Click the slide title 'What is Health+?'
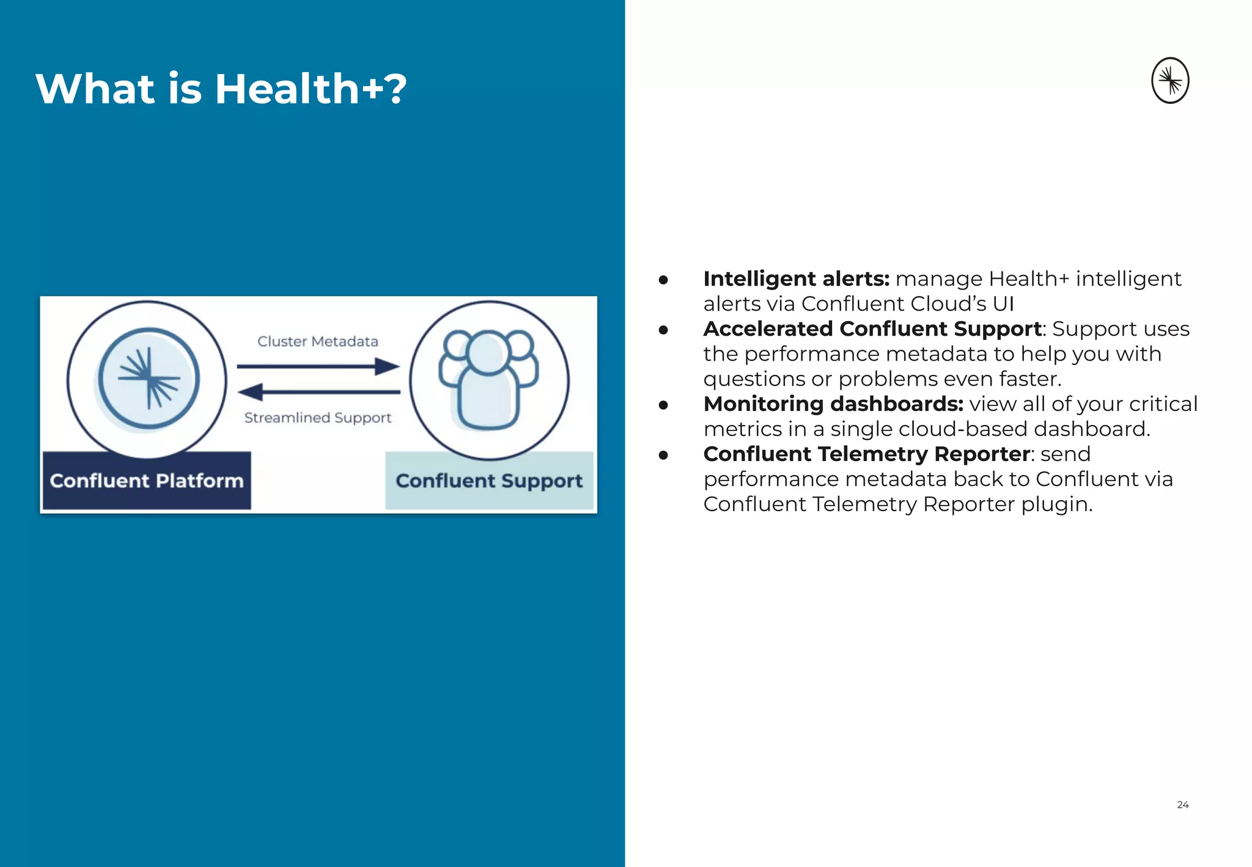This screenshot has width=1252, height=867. pos(221,89)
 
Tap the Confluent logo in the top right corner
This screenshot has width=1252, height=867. pos(1169,81)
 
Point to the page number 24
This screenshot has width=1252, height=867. pos(1182,805)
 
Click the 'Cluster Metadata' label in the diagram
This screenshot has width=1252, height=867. pos(317,341)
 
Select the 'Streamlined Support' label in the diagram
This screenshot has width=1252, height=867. pos(317,418)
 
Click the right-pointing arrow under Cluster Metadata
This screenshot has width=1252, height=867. pos(318,367)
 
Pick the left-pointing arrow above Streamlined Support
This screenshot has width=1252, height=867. pos(318,392)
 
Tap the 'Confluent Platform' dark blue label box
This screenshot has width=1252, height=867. pos(147,481)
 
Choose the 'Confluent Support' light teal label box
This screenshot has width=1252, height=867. pos(489,481)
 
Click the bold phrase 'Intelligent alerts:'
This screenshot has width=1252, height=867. pos(796,279)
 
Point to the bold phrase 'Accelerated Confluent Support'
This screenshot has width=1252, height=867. pos(872,329)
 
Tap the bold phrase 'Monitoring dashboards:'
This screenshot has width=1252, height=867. pos(833,404)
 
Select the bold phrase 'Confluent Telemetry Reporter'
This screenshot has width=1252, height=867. pos(866,454)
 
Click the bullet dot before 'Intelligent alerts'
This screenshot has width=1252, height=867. pos(663,280)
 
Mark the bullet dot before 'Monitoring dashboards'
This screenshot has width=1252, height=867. pos(663,405)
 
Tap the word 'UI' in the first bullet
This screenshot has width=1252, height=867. pos(1003,304)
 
